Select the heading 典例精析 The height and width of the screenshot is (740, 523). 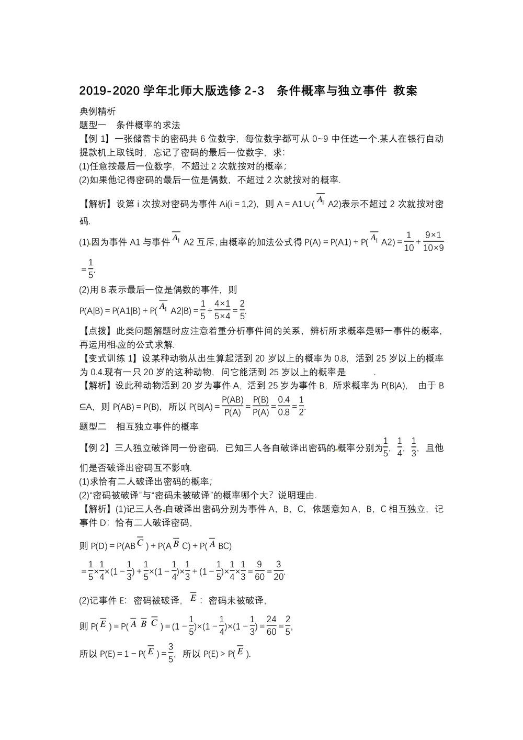pos(97,111)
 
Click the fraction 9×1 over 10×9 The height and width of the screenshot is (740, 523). pos(434,241)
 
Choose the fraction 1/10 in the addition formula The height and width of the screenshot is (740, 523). pos(409,241)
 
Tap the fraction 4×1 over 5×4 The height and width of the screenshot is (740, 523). pos(222,309)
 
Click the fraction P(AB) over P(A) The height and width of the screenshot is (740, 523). pos(233,406)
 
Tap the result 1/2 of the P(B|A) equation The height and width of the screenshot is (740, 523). pos(301,406)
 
